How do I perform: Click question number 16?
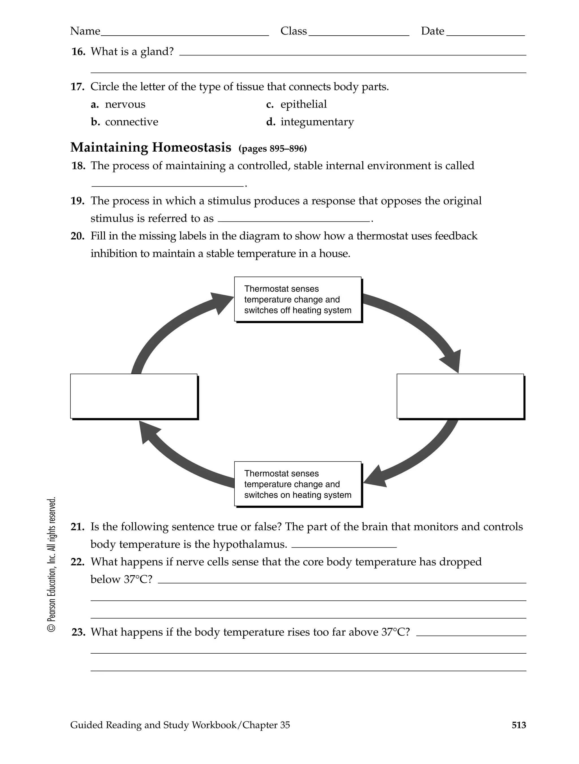(78, 52)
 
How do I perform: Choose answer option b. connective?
(125, 122)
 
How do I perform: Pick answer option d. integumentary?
(310, 122)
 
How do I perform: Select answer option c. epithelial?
(296, 104)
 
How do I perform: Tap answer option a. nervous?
(118, 104)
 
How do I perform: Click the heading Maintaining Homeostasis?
(151, 147)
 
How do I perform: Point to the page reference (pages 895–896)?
(273, 149)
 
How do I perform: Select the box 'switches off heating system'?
(298, 299)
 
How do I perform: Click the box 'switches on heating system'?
(298, 484)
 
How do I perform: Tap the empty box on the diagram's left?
(134, 396)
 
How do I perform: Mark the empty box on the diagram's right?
(460, 396)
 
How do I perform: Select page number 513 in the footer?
(518, 725)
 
